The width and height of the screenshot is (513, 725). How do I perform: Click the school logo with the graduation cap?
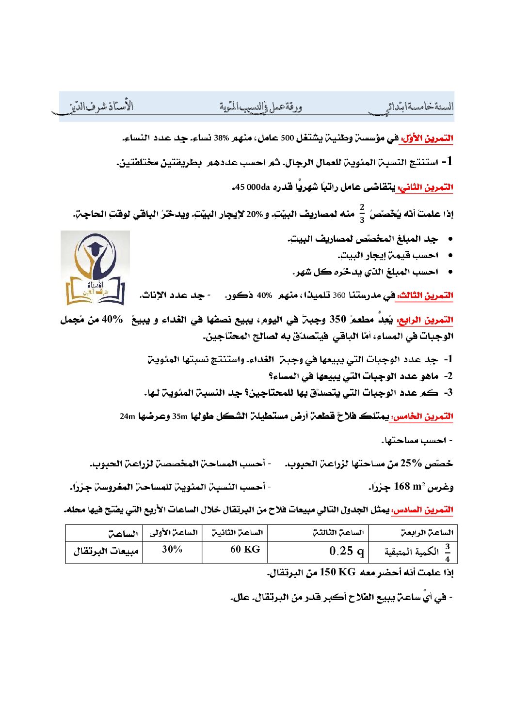coord(95,268)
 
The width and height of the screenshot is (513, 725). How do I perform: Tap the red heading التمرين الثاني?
coord(425,187)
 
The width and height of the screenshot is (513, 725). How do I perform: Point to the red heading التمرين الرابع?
coord(425,320)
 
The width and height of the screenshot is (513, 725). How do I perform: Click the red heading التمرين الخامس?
coord(422,416)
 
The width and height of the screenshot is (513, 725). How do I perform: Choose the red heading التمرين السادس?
coord(422,509)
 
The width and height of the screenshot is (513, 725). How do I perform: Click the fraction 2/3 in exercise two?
coord(362,213)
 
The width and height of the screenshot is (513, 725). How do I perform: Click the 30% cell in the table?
coord(172,549)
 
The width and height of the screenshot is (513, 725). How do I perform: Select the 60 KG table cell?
coord(245,549)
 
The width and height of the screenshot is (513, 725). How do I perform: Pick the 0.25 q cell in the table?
coord(346,551)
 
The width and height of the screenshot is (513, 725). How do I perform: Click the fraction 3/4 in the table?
coord(447,552)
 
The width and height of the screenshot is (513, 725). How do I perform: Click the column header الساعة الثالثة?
coord(338,533)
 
